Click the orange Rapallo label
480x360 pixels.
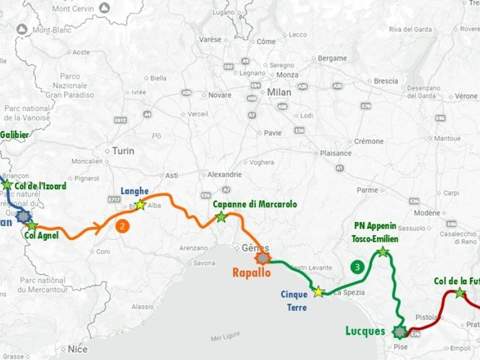[x=251, y=272]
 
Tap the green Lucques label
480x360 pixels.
[x=365, y=331]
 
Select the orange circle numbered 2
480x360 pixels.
[x=122, y=226]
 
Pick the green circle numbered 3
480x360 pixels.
[x=358, y=267]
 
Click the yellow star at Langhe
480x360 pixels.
[x=140, y=205]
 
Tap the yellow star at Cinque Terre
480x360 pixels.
[x=318, y=292]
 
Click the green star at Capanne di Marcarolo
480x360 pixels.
[x=221, y=217]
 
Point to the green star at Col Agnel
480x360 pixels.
[x=32, y=226]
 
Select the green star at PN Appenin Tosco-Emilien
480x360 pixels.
[x=383, y=251]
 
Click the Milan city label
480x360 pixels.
[x=279, y=92]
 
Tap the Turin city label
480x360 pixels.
[x=124, y=151]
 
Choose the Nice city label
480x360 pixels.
[x=77, y=349]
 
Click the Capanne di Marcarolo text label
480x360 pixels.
[x=255, y=205]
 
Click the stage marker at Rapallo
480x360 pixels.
[x=262, y=259]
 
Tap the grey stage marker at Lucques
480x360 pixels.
[x=399, y=331]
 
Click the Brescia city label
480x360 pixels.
[x=385, y=81]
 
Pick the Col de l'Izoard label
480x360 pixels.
[x=41, y=186]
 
